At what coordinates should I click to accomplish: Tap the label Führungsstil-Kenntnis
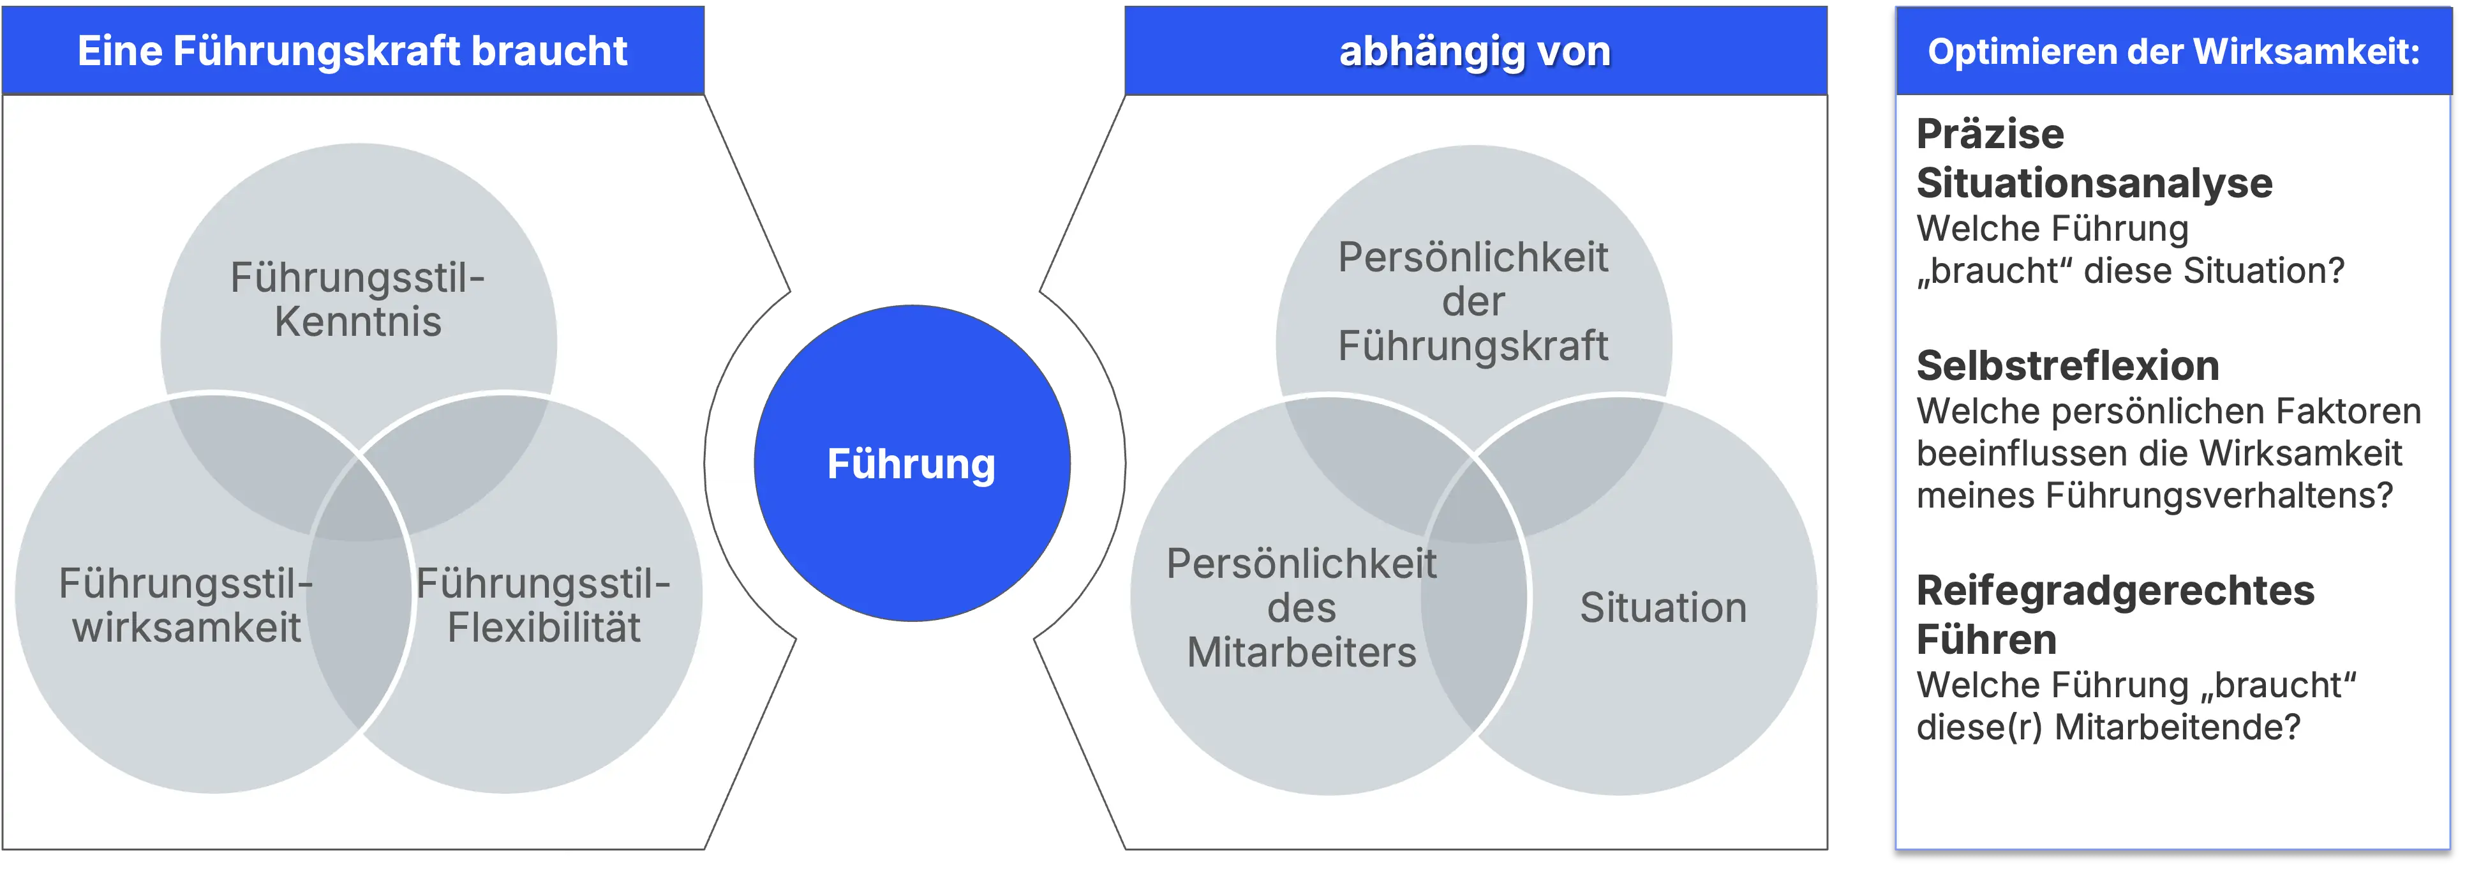pyautogui.click(x=358, y=299)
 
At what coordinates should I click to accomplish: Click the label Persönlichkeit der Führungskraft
pyautogui.click(x=1473, y=301)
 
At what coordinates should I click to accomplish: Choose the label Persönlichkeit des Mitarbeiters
pyautogui.click(x=1301, y=608)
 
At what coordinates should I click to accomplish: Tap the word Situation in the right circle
pyautogui.click(x=1663, y=608)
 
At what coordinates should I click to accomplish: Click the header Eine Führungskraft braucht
pyautogui.click(x=352, y=50)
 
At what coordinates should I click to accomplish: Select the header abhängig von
pyautogui.click(x=1475, y=50)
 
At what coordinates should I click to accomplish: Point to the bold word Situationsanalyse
pyautogui.click(x=2094, y=183)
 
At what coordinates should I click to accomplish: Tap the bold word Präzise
pyautogui.click(x=1990, y=134)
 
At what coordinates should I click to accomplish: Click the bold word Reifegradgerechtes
pyautogui.click(x=2115, y=591)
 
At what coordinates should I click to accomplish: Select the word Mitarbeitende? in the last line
pyautogui.click(x=2177, y=727)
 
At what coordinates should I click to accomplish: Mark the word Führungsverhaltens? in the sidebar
pyautogui.click(x=2219, y=495)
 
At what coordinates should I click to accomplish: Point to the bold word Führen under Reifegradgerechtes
pyautogui.click(x=1986, y=639)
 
